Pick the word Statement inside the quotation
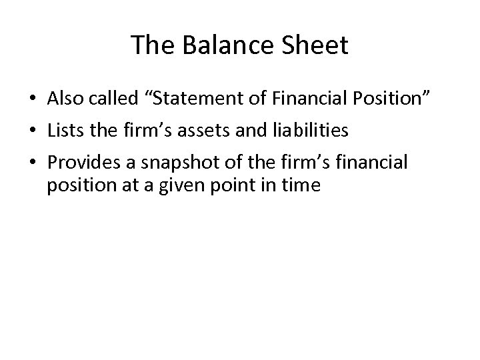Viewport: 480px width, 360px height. click(x=193, y=99)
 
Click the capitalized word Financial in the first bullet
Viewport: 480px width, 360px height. click(x=303, y=99)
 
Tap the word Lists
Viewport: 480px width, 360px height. click(x=65, y=131)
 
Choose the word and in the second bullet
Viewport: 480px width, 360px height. click(x=249, y=131)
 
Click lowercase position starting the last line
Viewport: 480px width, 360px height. click(x=79, y=185)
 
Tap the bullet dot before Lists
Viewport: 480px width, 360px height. click(x=32, y=131)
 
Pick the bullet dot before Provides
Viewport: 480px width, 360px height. click(x=32, y=162)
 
